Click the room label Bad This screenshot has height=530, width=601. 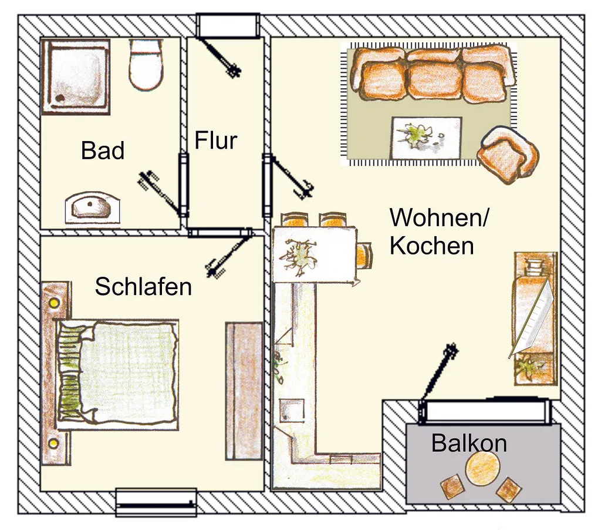pyautogui.click(x=103, y=150)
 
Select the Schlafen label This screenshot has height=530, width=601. pyautogui.click(x=143, y=286)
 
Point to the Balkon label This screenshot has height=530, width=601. pyautogui.click(x=469, y=443)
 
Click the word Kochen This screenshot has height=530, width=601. pyautogui.click(x=432, y=246)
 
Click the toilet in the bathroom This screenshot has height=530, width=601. pyautogui.click(x=146, y=64)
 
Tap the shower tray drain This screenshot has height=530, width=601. pyautogui.click(x=60, y=98)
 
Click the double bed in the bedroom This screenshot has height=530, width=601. pyautogui.click(x=117, y=374)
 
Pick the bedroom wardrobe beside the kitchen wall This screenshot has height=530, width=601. pyautogui.click(x=244, y=391)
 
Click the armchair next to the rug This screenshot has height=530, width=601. pyautogui.click(x=508, y=155)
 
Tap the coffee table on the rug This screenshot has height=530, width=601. pyautogui.click(x=426, y=137)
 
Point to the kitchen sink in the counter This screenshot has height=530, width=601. pyautogui.click(x=292, y=410)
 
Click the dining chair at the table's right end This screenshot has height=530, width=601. pyautogui.click(x=364, y=255)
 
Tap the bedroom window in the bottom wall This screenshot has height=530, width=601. pyautogui.click(x=156, y=502)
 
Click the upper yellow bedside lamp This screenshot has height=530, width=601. pyautogui.click(x=53, y=303)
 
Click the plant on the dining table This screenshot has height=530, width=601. pyautogui.click(x=298, y=256)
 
